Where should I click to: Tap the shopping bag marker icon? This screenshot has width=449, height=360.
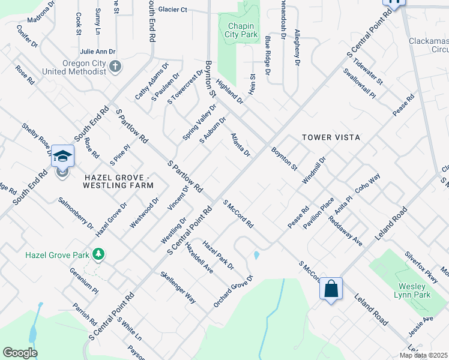(330, 289)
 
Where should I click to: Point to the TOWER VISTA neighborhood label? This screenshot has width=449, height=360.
(331, 137)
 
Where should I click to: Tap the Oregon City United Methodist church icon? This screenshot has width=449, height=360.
(116, 66)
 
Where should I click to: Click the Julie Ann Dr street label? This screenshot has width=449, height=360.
(97, 52)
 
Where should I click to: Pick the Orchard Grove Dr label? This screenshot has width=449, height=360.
(234, 292)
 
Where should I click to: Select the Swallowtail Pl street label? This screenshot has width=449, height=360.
(360, 85)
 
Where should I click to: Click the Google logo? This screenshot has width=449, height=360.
(20, 353)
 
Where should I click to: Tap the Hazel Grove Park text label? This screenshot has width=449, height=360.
(57, 255)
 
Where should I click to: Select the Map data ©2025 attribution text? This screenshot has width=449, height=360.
(423, 355)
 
